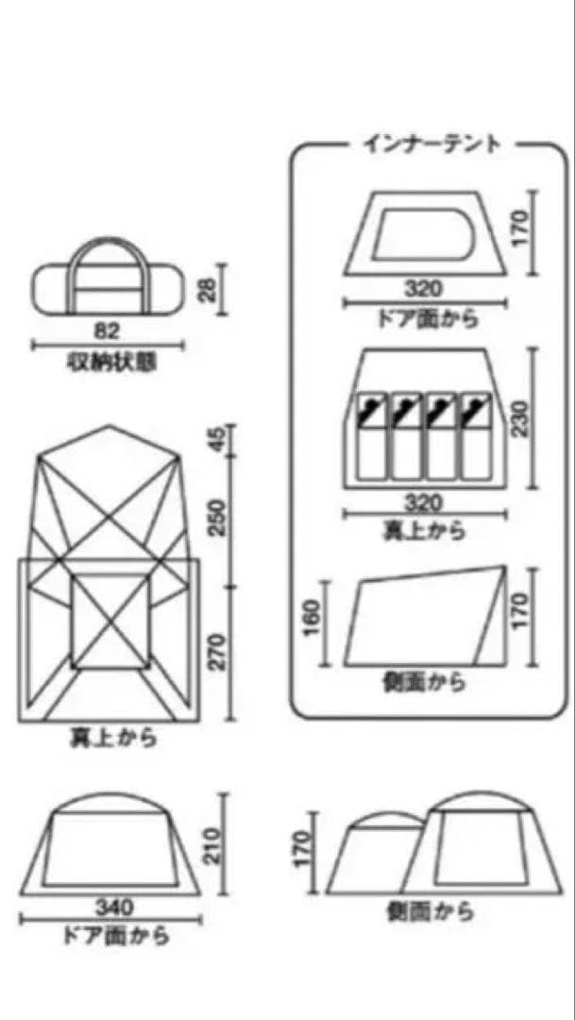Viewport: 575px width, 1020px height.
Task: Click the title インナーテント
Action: tap(431, 144)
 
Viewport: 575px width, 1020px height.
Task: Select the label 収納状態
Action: tap(111, 362)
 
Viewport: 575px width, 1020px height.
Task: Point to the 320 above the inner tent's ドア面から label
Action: tap(423, 287)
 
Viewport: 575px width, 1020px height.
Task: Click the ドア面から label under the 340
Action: tap(115, 937)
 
